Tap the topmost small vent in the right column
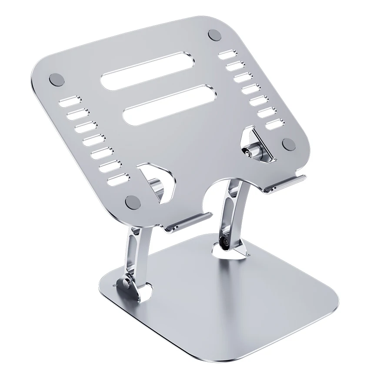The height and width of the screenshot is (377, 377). [x=227, y=55]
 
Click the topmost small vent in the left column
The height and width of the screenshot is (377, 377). [x=67, y=103]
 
